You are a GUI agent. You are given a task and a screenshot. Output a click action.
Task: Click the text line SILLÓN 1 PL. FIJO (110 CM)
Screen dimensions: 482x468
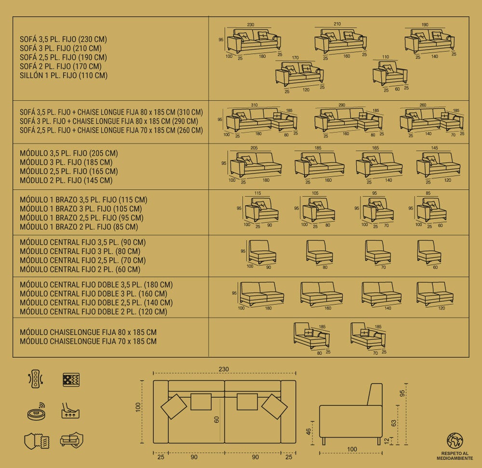coord(64,75)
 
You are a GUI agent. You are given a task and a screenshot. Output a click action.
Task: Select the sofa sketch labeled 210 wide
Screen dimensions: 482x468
coord(341,41)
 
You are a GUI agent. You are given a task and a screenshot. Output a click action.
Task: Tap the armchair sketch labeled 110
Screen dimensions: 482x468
coord(390,73)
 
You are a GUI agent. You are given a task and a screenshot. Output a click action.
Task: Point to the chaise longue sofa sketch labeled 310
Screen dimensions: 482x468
coord(262,120)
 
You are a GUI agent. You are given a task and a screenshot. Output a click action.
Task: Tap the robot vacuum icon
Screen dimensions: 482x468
coord(36,412)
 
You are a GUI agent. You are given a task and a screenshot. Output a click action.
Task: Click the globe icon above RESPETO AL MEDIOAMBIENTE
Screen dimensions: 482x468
coord(455,441)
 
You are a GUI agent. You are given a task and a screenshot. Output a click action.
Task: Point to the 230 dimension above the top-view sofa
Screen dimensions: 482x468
coord(224,369)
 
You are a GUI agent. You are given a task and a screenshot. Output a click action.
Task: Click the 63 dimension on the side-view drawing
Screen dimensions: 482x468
coord(394,423)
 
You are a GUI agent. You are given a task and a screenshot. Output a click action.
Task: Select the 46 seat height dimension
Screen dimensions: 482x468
coord(308,432)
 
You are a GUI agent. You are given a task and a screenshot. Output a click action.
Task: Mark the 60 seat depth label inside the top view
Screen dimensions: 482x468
coord(216,419)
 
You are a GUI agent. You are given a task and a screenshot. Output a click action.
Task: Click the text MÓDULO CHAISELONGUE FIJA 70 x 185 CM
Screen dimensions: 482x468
coord(88,341)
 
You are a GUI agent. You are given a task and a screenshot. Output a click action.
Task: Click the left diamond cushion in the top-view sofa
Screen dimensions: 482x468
coord(174,406)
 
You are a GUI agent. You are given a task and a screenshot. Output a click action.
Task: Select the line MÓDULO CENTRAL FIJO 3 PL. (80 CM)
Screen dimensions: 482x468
coord(80,251)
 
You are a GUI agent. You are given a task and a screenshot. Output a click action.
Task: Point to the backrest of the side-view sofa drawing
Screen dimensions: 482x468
coord(375,394)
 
